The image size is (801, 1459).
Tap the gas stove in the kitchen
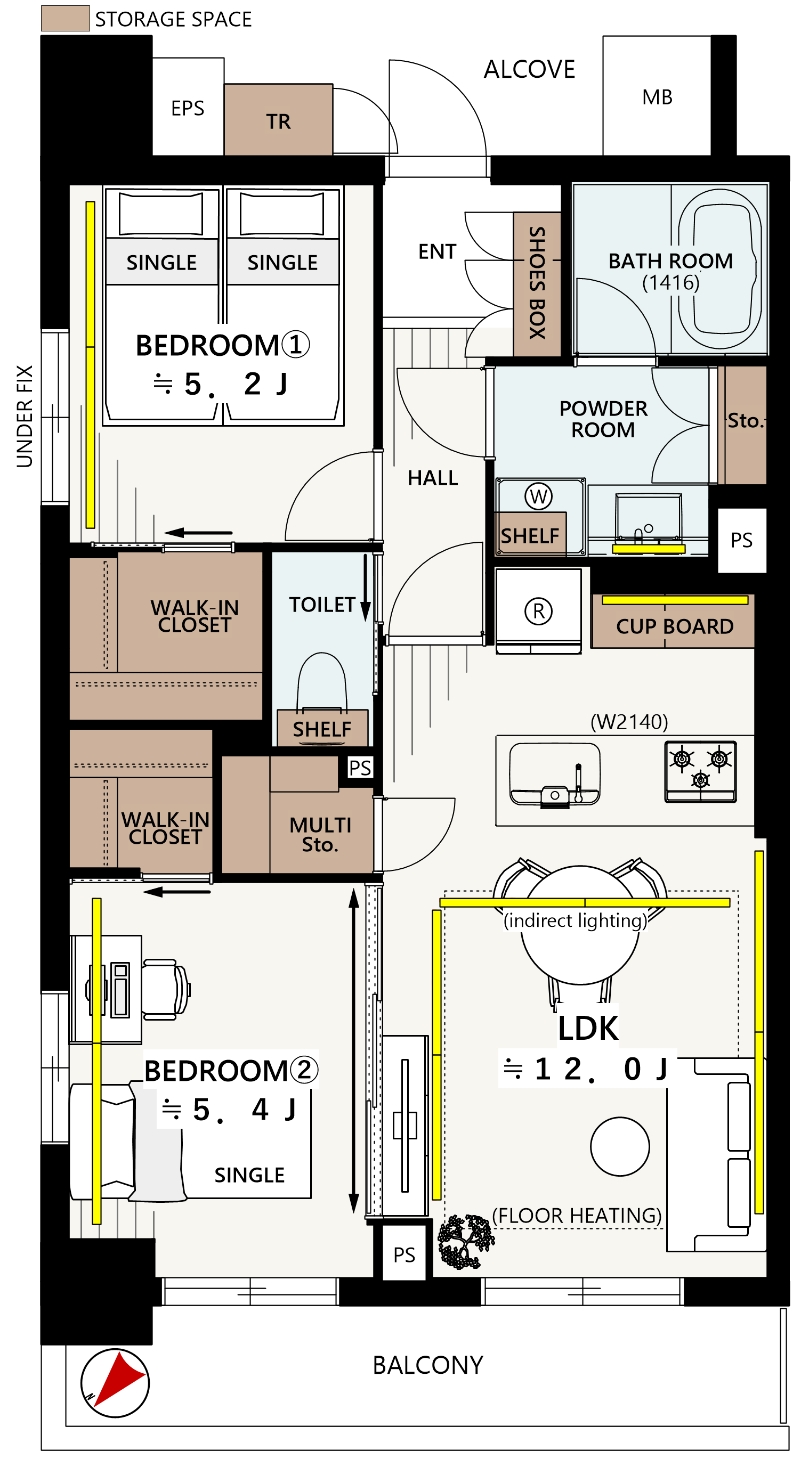point(700,771)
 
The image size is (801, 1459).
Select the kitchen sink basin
point(555,773)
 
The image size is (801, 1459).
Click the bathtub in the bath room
point(720,268)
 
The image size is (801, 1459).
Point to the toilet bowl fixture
point(322,682)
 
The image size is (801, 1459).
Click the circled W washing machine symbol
point(538,496)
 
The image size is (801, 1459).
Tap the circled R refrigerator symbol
point(538,611)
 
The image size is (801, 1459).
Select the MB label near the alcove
point(657,97)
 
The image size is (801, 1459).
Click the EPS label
point(188,108)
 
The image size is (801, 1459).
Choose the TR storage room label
point(278,122)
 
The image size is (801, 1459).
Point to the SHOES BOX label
point(537,283)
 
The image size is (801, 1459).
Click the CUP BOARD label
point(675,626)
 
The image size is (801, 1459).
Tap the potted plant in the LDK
point(466,1242)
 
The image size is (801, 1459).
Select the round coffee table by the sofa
point(620,1147)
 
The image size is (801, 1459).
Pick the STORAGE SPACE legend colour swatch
point(65,18)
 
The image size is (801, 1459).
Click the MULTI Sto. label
point(320,834)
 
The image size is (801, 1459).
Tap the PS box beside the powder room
point(741,540)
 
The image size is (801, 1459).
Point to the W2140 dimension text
point(629,722)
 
